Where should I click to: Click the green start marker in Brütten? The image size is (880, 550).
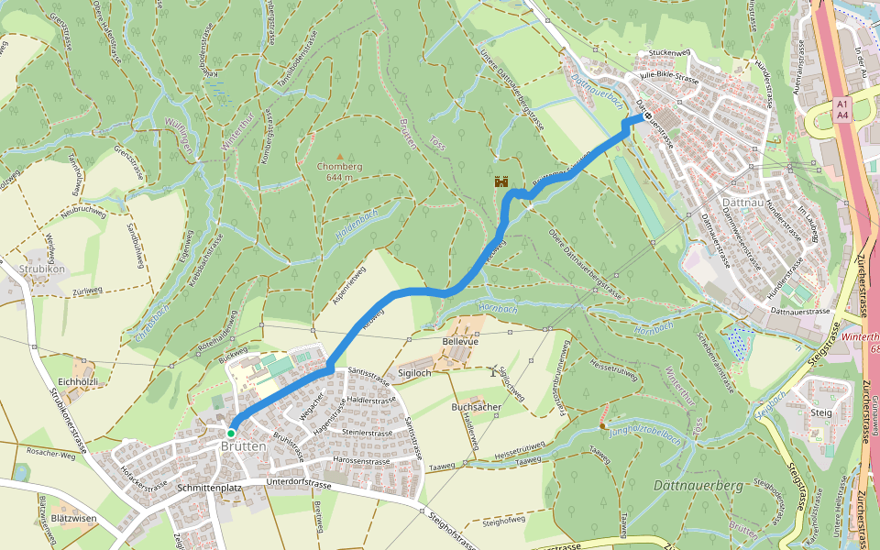[232, 433]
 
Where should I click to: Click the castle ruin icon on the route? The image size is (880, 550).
[501, 181]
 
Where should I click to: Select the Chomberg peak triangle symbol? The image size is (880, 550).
[339, 157]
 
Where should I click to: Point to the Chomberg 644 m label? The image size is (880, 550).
[340, 171]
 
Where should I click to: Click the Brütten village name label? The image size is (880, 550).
[243, 446]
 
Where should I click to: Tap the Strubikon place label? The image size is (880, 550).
[40, 269]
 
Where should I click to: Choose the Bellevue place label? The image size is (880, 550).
[461, 342]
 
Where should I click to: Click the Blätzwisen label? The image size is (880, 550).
[75, 518]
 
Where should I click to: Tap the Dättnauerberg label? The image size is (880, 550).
[698, 485]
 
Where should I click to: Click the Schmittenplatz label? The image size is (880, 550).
[211, 489]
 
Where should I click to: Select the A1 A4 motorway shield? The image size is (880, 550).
[842, 110]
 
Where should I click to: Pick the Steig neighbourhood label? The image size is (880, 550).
[821, 412]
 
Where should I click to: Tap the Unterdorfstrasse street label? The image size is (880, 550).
[298, 482]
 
